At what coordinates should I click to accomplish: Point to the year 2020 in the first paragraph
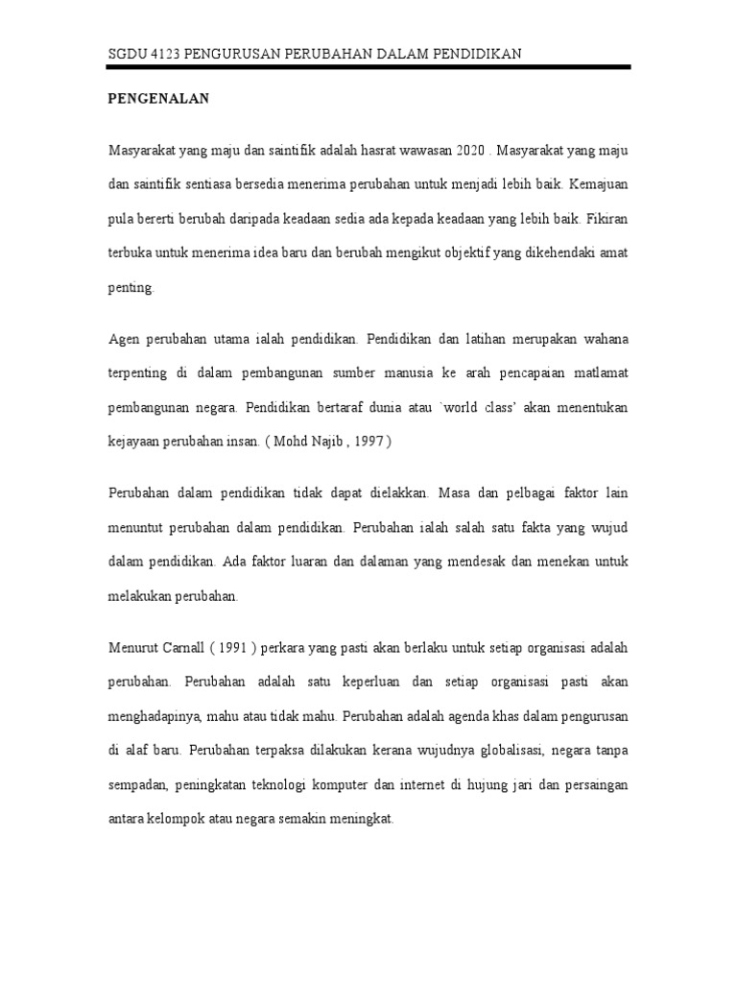pyautogui.click(x=464, y=153)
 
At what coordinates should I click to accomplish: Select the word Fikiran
pyautogui.click(x=608, y=217)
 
